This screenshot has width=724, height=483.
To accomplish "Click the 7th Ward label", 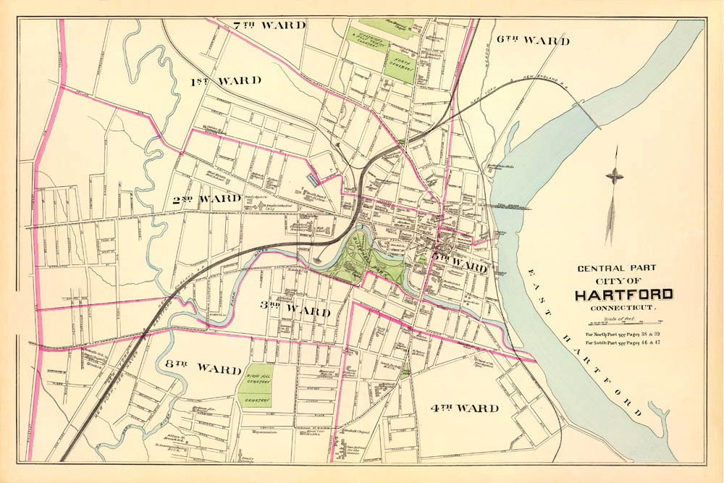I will click(269, 25).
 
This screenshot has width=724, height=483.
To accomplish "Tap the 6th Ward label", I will click(533, 41).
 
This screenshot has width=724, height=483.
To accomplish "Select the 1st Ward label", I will click(225, 80).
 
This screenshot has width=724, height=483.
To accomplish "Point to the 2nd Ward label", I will click(206, 198).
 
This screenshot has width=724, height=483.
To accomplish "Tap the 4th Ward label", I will click(465, 407).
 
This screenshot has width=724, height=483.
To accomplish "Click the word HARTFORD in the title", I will click(623, 295).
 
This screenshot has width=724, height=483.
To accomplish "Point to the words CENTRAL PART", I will click(616, 267).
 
